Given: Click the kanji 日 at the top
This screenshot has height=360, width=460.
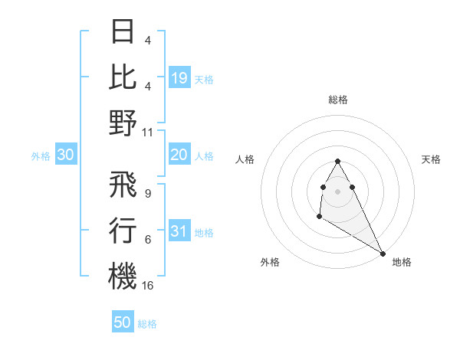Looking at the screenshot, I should click(x=123, y=31).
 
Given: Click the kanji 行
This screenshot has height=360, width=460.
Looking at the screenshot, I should click(x=123, y=230).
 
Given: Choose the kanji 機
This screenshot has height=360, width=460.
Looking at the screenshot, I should click(x=123, y=276).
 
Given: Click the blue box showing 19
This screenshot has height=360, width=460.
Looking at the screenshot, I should click(x=179, y=77).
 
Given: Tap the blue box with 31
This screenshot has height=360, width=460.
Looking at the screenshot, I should click(x=179, y=232).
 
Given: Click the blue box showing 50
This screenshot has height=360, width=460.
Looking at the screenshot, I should click(x=123, y=322).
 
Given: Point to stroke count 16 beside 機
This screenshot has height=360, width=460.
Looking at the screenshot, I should click(x=148, y=286).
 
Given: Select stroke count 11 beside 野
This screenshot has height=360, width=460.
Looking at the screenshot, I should click(x=148, y=132).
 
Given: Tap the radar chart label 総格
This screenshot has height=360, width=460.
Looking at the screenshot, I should click(x=338, y=100).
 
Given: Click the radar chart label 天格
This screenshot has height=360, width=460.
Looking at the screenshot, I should click(x=431, y=159).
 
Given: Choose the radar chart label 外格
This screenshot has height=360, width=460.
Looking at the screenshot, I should click(x=270, y=262).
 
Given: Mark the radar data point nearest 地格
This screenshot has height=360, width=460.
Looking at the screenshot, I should click(x=383, y=253).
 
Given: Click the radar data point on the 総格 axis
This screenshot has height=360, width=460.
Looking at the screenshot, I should click(x=338, y=161).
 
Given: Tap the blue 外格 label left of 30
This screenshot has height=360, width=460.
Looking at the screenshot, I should click(x=41, y=156).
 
